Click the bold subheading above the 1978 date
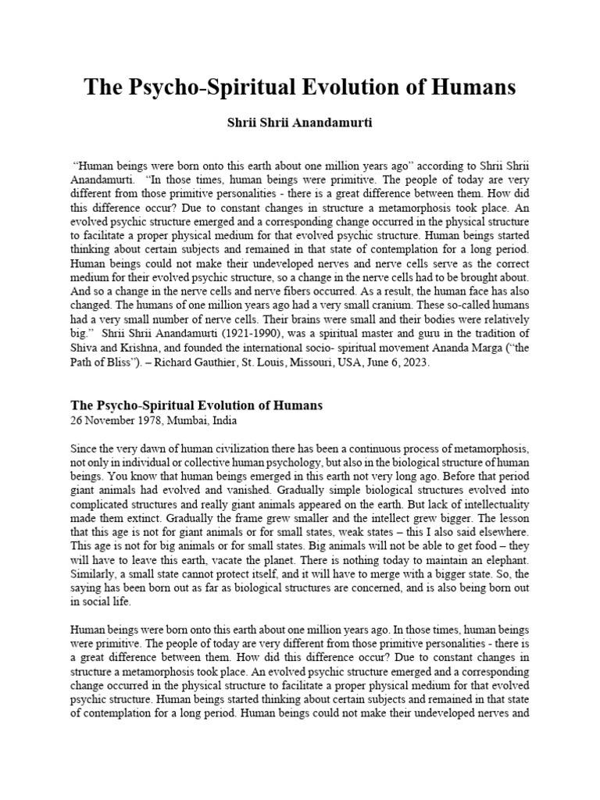196,405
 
